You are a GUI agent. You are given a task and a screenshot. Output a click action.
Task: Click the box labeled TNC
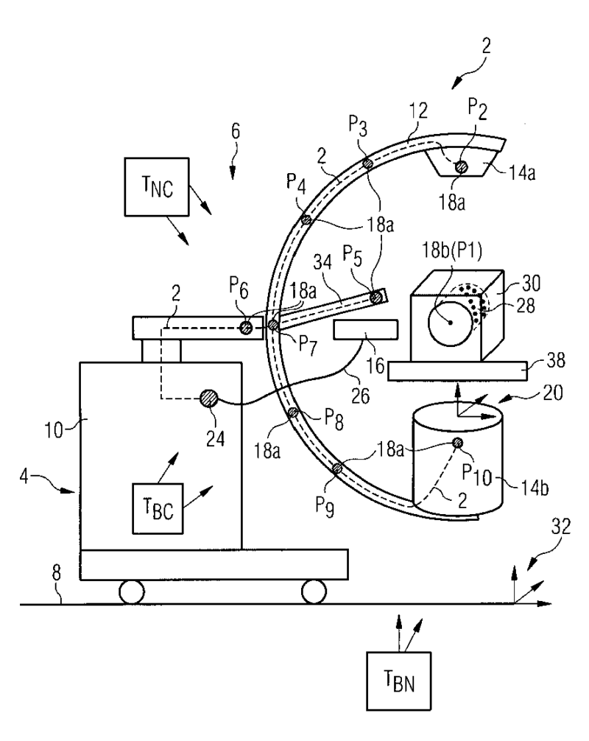(x=156, y=186)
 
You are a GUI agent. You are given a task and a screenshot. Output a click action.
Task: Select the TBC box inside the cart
(x=158, y=508)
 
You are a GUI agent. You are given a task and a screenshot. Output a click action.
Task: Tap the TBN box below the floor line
(x=398, y=681)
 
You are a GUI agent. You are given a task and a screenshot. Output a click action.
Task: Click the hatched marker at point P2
(x=461, y=166)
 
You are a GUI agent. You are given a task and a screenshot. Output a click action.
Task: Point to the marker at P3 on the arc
(x=367, y=164)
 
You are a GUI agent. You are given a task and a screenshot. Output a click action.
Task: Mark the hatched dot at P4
(x=306, y=220)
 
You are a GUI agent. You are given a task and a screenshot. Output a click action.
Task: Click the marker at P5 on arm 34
(x=376, y=298)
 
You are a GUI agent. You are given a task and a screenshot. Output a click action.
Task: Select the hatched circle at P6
(x=246, y=328)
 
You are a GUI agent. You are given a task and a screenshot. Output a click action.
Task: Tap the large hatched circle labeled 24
(x=208, y=398)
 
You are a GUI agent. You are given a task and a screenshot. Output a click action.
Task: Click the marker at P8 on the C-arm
(x=293, y=412)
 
